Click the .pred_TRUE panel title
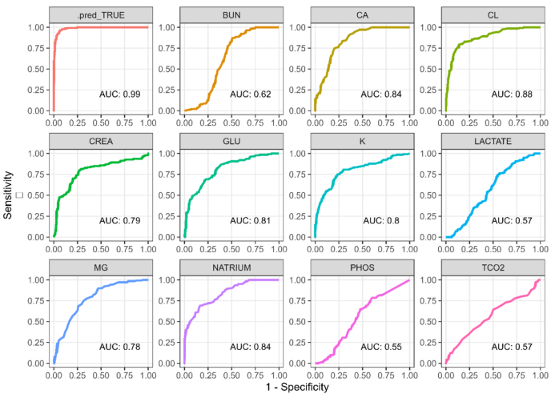coord(100,14)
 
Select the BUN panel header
coord(231,14)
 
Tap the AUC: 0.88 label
coord(510,94)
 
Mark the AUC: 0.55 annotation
coord(380,347)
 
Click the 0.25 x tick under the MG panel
coord(77,373)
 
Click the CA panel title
coord(361,14)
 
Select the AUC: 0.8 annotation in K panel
coord(380,220)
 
